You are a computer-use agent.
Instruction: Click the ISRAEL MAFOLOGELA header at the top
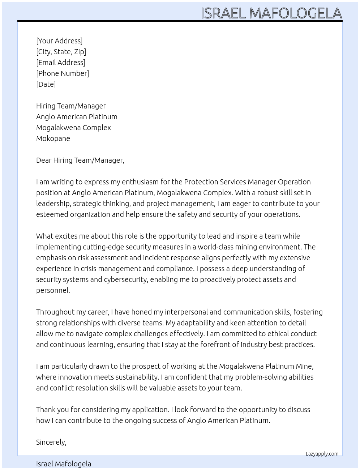pyautogui.click(x=271, y=13)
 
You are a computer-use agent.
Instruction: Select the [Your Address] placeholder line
pyautogui.click(x=59, y=41)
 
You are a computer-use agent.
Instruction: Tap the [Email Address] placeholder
pyautogui.click(x=61, y=63)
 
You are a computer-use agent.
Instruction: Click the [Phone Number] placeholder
pyautogui.click(x=63, y=73)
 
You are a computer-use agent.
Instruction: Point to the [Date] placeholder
pyautogui.click(x=46, y=84)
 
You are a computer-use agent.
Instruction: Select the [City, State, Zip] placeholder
pyautogui.click(x=61, y=52)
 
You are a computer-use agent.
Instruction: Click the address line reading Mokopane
pyautogui.click(x=53, y=138)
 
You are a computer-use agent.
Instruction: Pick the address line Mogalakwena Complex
pyautogui.click(x=73, y=128)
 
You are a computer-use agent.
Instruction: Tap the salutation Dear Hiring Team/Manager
pyautogui.click(x=80, y=160)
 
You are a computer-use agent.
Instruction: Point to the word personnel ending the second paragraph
pyautogui.click(x=52, y=290)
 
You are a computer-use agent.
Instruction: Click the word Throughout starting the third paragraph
pyautogui.click(x=54, y=312)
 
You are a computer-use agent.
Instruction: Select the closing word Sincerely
pyautogui.click(x=51, y=442)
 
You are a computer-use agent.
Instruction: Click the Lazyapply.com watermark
pyautogui.click(x=322, y=454)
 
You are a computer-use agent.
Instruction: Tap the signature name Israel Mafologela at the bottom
pyautogui.click(x=64, y=464)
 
